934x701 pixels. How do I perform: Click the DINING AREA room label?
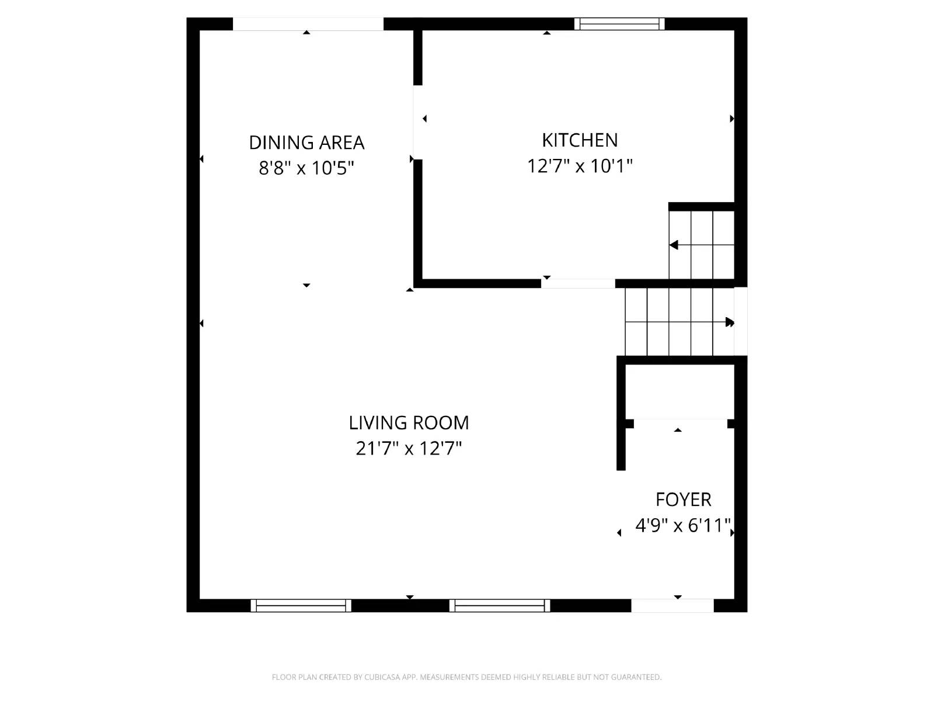tap(306, 143)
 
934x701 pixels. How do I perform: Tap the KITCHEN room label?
tap(580, 140)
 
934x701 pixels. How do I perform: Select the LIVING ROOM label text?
tap(409, 422)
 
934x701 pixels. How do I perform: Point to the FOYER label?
tap(683, 499)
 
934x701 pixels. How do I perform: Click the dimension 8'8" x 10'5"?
tap(306, 168)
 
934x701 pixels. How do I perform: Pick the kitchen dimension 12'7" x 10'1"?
tap(580, 166)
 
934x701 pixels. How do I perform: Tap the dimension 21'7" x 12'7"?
tap(409, 449)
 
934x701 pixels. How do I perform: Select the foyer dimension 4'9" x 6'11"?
tap(683, 526)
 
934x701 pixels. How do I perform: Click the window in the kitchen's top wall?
tap(619, 24)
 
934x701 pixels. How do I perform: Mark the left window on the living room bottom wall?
tap(301, 606)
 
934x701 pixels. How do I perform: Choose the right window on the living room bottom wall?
tap(500, 606)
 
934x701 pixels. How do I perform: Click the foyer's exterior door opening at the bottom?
tap(672, 606)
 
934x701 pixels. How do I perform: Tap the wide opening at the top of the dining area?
tap(308, 24)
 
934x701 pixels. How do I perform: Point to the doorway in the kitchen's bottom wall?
tap(578, 284)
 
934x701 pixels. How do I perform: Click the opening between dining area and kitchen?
tap(417, 122)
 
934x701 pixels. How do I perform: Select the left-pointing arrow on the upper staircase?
tap(674, 245)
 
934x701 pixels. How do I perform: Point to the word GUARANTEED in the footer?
tap(636, 677)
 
